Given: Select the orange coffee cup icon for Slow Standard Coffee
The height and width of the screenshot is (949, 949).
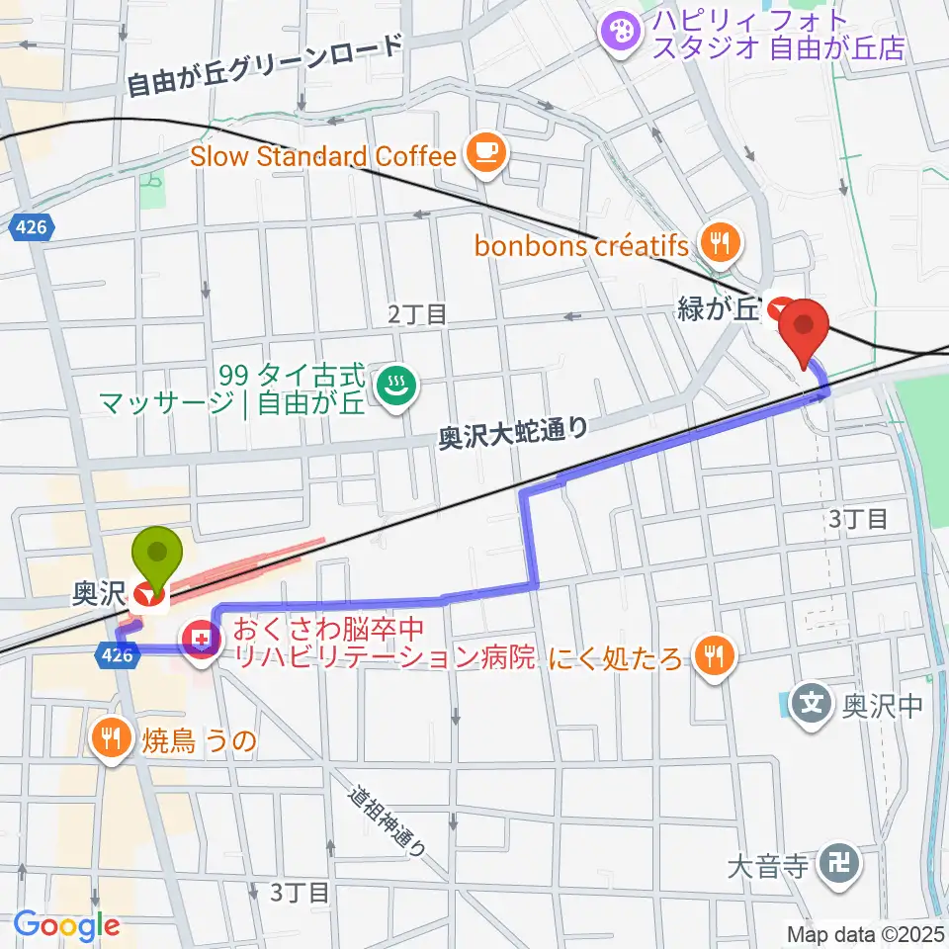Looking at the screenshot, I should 487,151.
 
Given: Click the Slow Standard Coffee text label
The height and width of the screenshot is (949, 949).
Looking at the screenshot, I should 323,155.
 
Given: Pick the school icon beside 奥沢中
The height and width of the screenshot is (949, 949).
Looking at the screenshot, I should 813,706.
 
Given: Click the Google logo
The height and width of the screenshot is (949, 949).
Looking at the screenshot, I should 66,925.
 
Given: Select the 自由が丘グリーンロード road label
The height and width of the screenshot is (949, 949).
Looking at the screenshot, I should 267,67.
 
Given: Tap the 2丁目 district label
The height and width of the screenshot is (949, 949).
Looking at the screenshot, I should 417,314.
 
